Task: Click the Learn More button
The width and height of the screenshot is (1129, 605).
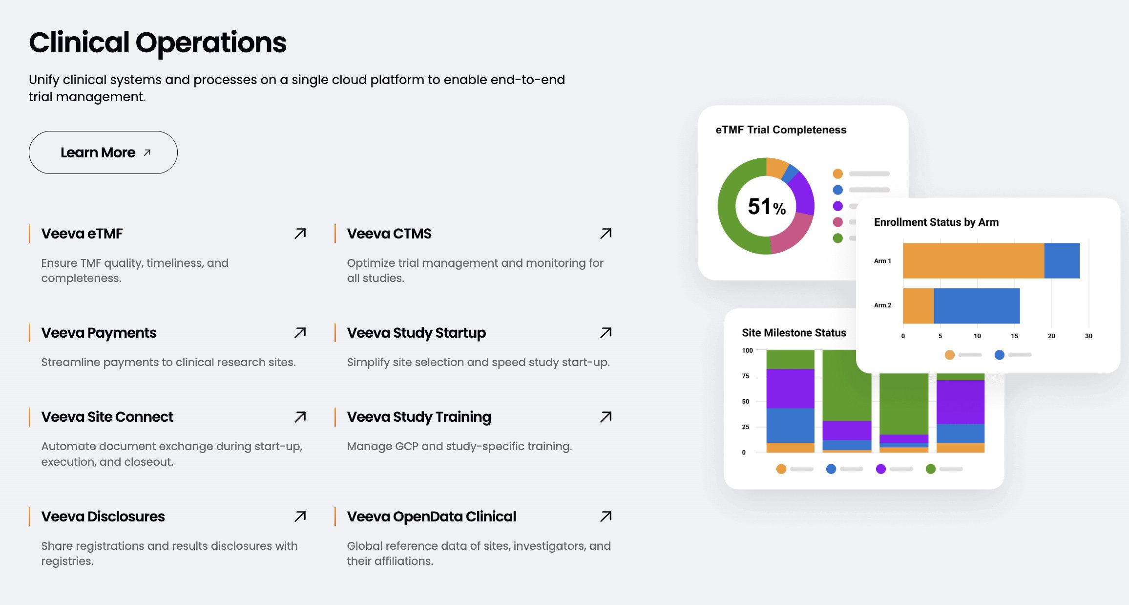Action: tap(103, 152)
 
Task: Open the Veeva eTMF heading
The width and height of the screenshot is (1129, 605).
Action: tap(82, 234)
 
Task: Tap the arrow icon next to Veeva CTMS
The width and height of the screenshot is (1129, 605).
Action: tap(606, 234)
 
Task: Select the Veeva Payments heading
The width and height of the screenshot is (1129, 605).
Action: tap(99, 333)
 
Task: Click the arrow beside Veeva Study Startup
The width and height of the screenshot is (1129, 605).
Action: tap(606, 333)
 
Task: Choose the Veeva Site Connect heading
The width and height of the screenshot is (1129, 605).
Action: tap(107, 417)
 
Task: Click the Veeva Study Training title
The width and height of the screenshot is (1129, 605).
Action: tap(418, 417)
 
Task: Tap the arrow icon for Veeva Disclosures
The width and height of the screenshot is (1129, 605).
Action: tap(300, 517)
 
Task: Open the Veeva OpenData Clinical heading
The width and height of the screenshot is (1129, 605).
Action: tap(431, 517)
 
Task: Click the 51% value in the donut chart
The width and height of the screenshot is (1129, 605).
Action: tap(766, 207)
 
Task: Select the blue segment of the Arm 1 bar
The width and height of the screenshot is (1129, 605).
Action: tap(1062, 260)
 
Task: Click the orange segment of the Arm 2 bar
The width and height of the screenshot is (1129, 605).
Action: tap(918, 306)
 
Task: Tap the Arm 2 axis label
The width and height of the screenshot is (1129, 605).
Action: tap(882, 305)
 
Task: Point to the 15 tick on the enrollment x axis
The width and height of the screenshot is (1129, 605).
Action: tap(1014, 336)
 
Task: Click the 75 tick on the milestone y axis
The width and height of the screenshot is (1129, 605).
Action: tap(745, 376)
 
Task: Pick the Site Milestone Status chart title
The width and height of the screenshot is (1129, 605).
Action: tap(794, 333)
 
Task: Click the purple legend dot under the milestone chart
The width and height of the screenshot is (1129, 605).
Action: tap(881, 469)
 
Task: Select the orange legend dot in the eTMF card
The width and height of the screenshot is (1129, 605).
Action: tap(837, 174)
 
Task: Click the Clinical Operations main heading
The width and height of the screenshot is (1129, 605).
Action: tap(157, 43)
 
